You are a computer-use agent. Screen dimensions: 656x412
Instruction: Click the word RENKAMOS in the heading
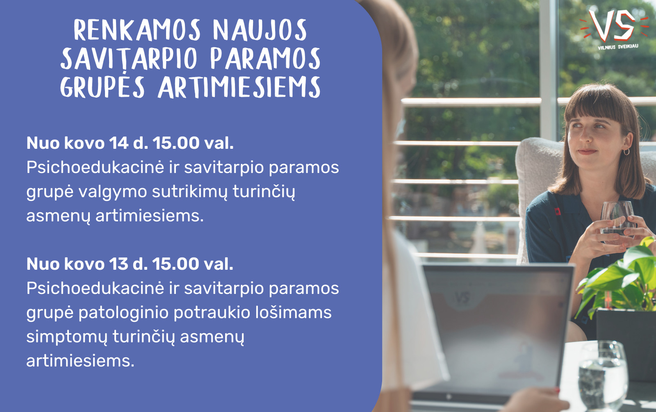pyautogui.click(x=137, y=30)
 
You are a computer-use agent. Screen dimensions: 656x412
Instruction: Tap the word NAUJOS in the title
pyautogui.click(x=260, y=30)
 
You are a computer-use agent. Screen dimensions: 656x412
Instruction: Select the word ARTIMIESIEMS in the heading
pyautogui.click(x=239, y=87)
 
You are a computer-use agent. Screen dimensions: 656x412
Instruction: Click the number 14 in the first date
pyautogui.click(x=118, y=143)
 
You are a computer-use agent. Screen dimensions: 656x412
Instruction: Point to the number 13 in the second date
pyautogui.click(x=118, y=264)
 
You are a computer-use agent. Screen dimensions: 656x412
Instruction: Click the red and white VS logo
pyautogui.click(x=613, y=25)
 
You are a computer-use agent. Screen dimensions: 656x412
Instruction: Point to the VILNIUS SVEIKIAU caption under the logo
pyautogui.click(x=618, y=47)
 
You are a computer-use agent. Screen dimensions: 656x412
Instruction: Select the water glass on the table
pyautogui.click(x=603, y=376)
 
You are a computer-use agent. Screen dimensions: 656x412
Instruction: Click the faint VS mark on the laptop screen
pyautogui.click(x=462, y=298)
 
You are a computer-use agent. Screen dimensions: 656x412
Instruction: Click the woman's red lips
pyautogui.click(x=587, y=151)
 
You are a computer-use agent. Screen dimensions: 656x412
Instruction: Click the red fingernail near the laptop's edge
pyautogui.click(x=557, y=390)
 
